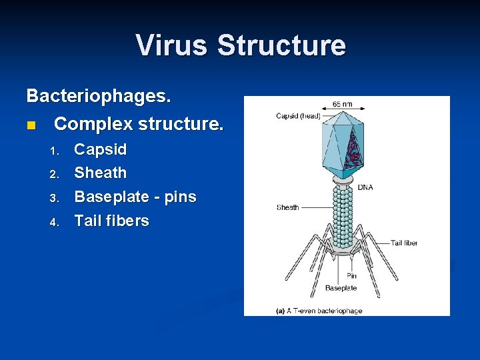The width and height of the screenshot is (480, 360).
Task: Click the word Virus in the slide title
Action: coord(172,45)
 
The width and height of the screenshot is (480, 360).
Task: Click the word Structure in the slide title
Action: coord(281,45)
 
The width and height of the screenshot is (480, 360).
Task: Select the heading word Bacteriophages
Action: coord(99,96)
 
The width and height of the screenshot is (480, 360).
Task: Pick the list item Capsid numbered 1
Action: coord(100,149)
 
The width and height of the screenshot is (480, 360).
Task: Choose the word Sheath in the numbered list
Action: coord(100,173)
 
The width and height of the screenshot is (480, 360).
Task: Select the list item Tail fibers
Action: coord(111,221)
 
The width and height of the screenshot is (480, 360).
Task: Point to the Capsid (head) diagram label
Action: coord(299,117)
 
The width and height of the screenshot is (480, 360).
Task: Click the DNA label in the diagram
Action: coord(365,187)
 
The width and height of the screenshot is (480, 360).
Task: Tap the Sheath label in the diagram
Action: coord(288,207)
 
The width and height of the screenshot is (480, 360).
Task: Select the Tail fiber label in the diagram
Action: coord(404,243)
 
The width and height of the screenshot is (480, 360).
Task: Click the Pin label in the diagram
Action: coord(351,275)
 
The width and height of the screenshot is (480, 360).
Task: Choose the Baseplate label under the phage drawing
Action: coord(341,288)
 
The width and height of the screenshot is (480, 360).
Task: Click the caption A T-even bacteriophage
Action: coord(319,311)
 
